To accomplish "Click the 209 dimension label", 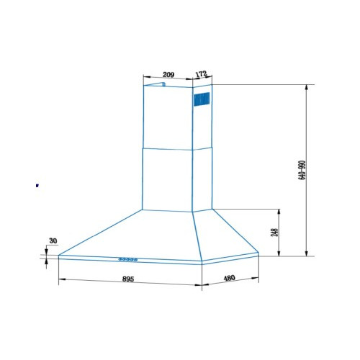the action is point(168,75).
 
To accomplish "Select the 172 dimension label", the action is point(201,73).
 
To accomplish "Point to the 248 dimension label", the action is point(274,233).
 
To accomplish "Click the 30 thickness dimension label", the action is point(53,240).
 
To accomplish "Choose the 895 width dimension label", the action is point(128,279).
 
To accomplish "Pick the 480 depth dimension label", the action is point(229,278).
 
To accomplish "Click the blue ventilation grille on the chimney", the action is point(202,99).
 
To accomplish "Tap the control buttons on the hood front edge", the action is point(128,259).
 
